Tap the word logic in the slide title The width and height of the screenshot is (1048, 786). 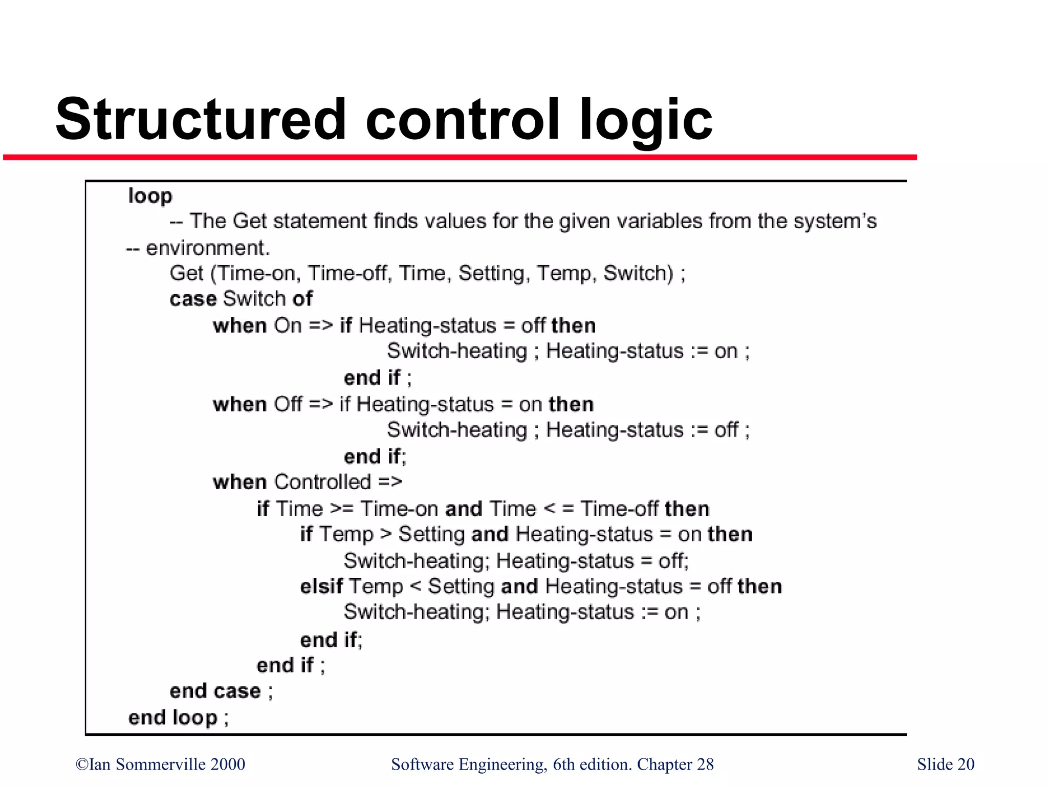coord(646,121)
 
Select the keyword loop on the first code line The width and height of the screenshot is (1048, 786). coord(150,196)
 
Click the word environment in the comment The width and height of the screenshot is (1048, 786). coord(207,248)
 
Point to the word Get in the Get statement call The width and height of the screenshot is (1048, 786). coord(187,273)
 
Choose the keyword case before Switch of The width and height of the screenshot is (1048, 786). coord(193,299)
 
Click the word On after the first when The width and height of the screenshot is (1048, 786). coord(288,326)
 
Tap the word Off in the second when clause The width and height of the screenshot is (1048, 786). coord(288,404)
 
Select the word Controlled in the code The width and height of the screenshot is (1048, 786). coord(322,482)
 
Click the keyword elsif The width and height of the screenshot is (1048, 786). coord(321,586)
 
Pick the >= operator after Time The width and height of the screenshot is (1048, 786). coord(342,509)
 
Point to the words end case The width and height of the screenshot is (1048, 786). coord(215,691)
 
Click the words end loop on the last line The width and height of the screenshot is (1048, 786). coord(173,717)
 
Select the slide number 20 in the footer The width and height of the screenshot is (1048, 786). coord(966,764)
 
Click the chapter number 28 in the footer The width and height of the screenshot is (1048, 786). coord(705,764)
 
